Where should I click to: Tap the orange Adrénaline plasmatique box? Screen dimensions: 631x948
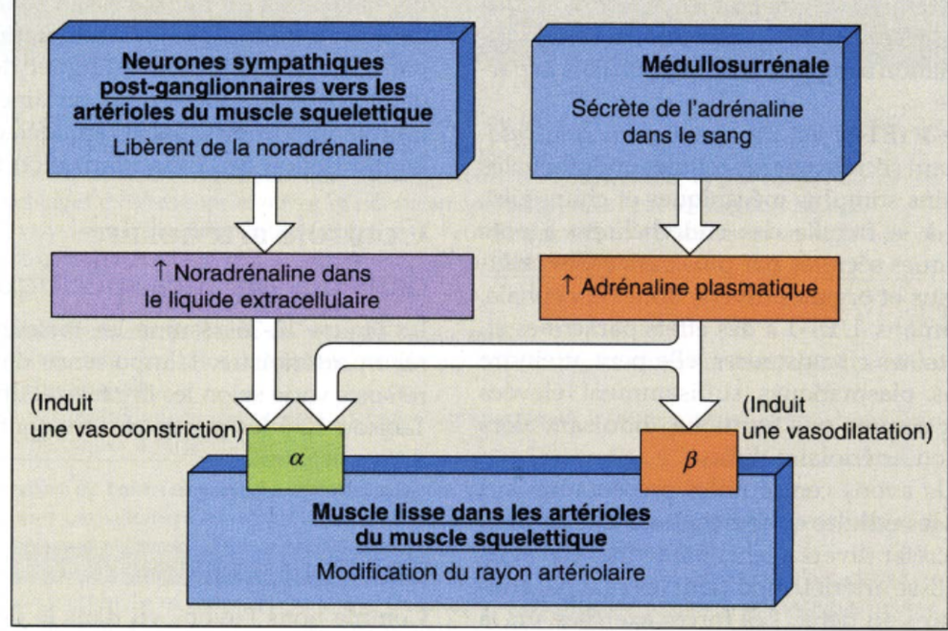(x=689, y=286)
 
